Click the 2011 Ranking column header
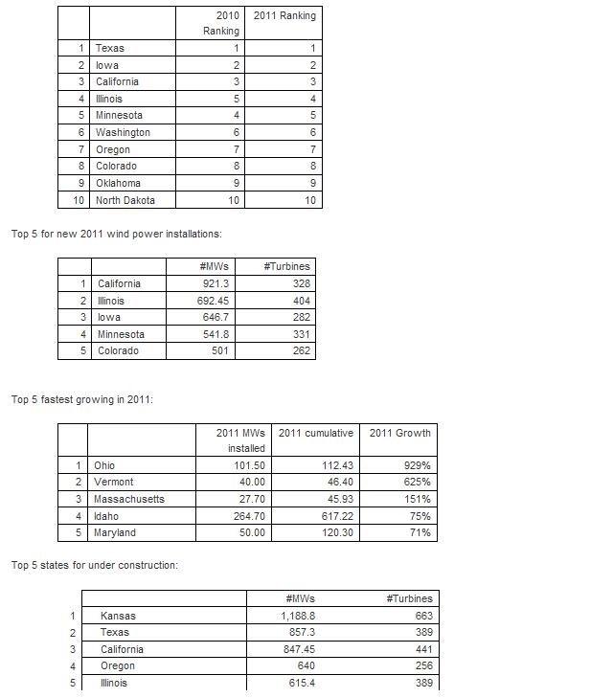[284, 15]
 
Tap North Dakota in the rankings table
[125, 200]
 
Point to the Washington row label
[123, 132]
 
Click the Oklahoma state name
[118, 183]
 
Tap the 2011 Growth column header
[399, 433]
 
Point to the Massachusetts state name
[128, 499]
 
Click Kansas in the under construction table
[118, 616]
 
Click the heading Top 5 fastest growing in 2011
[82, 399]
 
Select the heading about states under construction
[94, 565]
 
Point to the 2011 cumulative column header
[316, 433]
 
